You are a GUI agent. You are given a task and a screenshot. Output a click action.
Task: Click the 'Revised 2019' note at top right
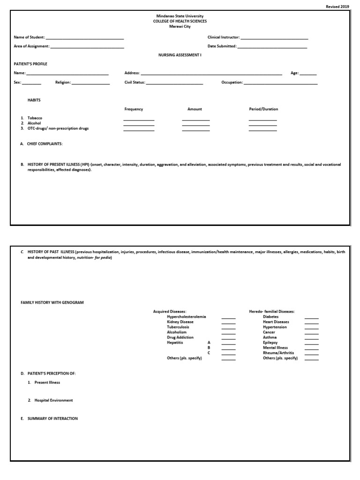click(337, 7)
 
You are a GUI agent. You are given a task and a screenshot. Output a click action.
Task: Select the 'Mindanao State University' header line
click(180, 16)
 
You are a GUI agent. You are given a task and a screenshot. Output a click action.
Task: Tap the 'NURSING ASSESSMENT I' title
click(180, 55)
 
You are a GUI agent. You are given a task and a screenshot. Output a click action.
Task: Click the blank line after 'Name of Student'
click(85, 37)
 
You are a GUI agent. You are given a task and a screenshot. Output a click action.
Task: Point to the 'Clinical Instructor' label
click(224, 37)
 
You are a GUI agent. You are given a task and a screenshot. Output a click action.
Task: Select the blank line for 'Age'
click(308, 74)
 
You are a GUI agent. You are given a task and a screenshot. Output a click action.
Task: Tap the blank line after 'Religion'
click(90, 83)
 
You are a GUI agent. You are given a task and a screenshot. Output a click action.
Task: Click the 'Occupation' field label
click(232, 82)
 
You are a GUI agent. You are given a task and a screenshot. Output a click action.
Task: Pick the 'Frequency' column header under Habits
click(134, 109)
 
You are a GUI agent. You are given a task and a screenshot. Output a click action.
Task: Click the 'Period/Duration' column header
click(263, 109)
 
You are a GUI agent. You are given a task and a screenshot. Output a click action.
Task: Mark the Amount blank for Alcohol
click(196, 125)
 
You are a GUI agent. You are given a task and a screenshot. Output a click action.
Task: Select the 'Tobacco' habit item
click(35, 118)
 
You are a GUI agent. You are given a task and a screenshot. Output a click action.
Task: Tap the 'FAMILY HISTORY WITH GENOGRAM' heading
click(52, 303)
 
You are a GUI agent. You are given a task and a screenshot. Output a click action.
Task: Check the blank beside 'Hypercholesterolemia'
click(228, 318)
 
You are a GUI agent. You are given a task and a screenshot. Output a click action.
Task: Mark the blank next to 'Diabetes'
click(311, 318)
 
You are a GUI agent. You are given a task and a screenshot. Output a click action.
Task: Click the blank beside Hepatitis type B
click(228, 349)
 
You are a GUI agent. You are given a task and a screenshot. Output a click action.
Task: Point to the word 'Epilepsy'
click(270, 343)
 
